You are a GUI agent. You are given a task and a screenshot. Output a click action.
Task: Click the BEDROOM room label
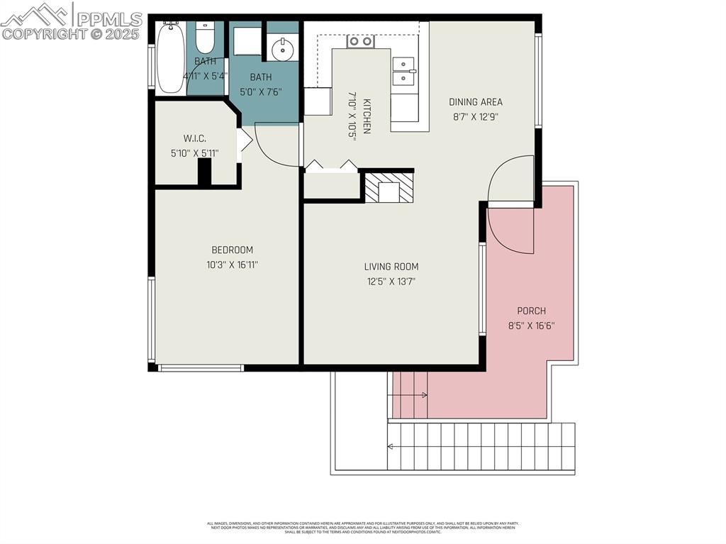click(232, 250)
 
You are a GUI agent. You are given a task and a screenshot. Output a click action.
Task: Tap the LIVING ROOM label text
click(391, 267)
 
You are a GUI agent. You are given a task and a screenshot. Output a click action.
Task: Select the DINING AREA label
click(475, 102)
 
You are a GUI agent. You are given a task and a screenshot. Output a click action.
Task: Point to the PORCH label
click(531, 311)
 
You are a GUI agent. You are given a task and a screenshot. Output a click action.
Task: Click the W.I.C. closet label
click(194, 138)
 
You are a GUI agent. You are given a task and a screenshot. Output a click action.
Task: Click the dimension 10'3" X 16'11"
click(232, 265)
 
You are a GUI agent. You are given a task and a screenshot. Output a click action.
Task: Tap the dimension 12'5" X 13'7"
click(391, 282)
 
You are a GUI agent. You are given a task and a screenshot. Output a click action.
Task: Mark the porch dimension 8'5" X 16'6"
click(531, 326)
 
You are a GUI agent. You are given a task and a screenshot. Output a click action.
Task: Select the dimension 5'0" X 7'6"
click(261, 91)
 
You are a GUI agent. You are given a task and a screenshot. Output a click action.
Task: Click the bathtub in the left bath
click(170, 57)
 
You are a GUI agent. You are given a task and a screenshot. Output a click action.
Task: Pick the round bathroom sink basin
click(283, 49)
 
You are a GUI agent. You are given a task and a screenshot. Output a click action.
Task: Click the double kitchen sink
click(404, 72)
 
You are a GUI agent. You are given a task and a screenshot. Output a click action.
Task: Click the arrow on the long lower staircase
click(391, 446)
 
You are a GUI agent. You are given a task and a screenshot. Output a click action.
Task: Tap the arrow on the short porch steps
click(423, 395)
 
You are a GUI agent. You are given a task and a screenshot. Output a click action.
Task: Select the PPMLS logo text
click(108, 18)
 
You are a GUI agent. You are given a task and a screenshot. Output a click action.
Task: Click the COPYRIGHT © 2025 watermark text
click(71, 33)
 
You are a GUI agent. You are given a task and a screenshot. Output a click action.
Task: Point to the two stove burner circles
click(361, 41)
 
